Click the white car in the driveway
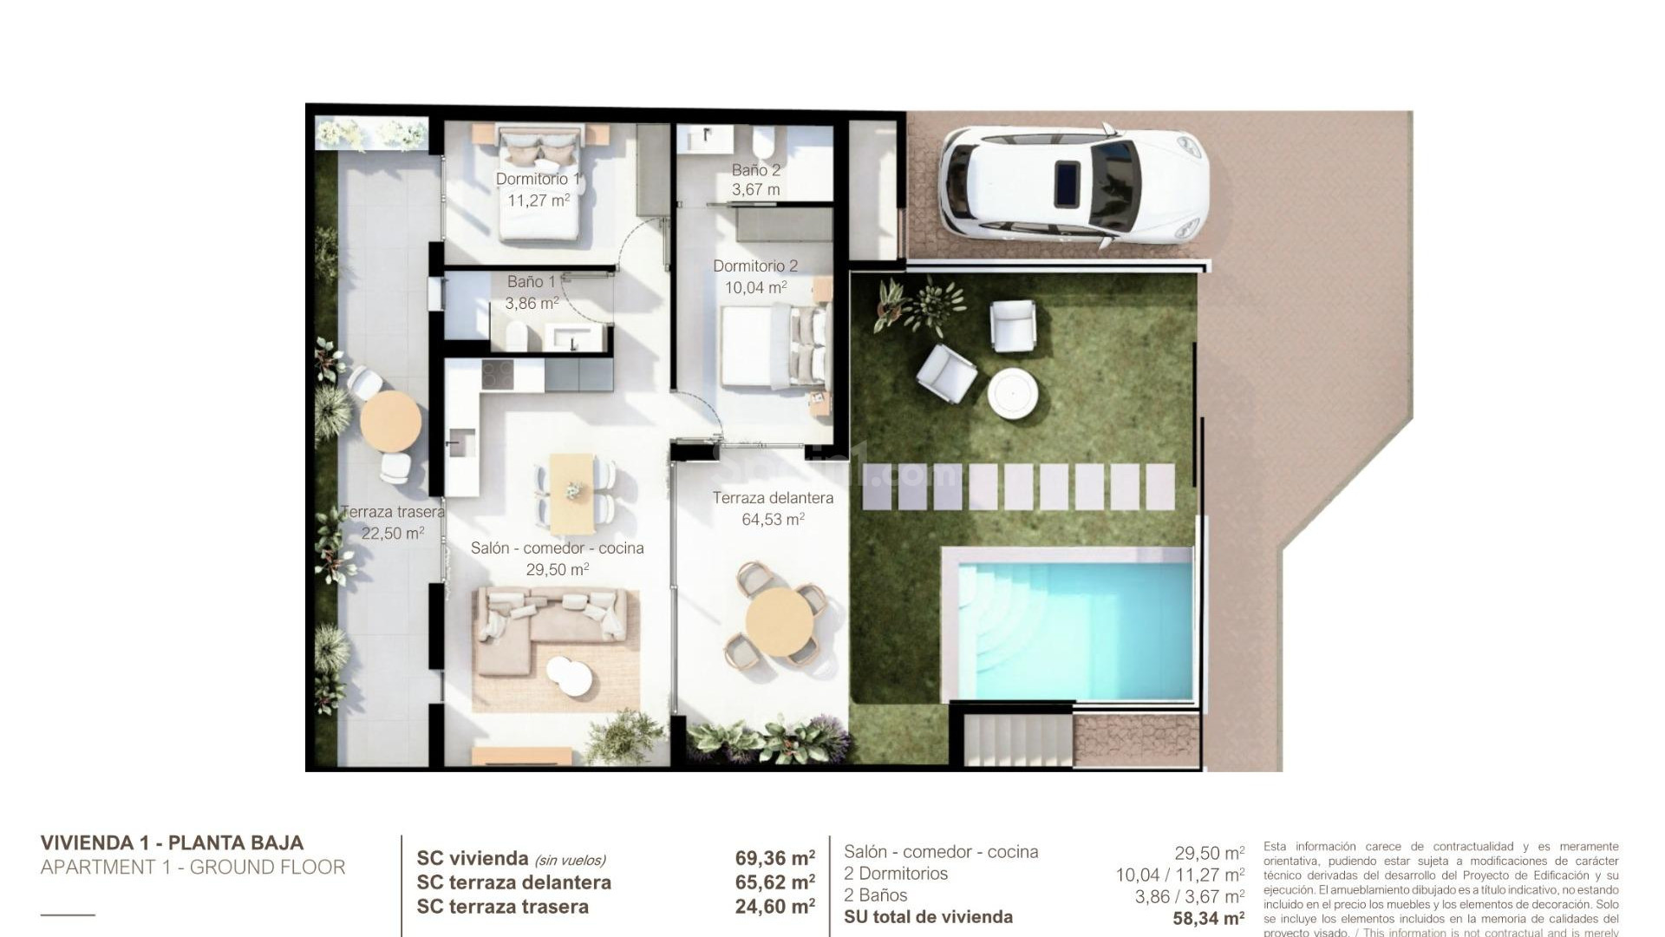point(1073,185)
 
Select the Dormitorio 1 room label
point(538,180)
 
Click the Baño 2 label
point(756,171)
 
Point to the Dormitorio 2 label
point(755,267)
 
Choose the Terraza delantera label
point(773,499)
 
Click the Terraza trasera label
point(393,513)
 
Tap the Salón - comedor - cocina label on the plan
point(558,548)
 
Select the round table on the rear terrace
point(391,421)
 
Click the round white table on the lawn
point(1014,394)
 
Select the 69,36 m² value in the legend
point(774,859)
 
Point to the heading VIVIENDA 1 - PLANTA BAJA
point(172,842)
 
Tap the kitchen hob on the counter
point(498,375)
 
